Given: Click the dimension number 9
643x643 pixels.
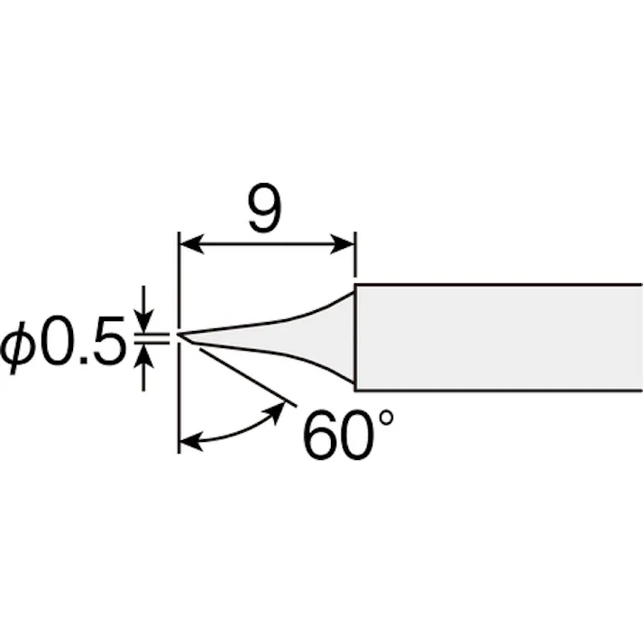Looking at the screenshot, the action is (265, 207).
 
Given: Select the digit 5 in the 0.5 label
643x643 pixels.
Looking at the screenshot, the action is (108, 341).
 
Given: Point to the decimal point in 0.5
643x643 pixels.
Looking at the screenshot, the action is (84, 360).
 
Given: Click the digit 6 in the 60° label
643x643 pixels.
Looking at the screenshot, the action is (319, 435).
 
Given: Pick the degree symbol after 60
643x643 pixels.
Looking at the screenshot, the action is (387, 418).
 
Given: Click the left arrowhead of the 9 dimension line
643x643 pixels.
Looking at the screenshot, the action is (192, 244).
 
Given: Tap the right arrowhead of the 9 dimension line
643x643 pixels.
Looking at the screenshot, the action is (343, 244).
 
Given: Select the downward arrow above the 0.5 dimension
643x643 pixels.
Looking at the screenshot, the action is (143, 308).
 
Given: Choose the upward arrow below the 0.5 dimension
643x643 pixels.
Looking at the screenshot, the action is (143, 367).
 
